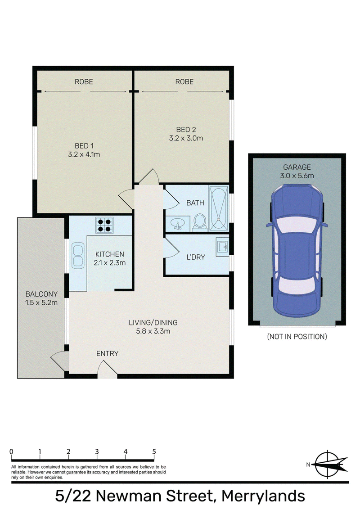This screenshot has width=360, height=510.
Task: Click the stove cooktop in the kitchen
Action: click(x=104, y=225)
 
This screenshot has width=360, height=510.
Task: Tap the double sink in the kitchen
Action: click(x=77, y=255)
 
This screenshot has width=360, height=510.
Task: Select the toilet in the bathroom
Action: click(x=199, y=222)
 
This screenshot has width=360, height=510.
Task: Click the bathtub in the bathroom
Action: click(x=218, y=208)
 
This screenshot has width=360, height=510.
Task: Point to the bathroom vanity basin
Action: click(x=178, y=224)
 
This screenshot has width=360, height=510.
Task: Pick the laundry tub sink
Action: click(x=222, y=247)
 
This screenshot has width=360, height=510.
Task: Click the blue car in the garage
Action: click(x=297, y=251)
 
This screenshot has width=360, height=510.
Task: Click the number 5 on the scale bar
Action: click(x=154, y=451)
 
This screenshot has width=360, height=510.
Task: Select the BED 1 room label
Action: click(x=84, y=146)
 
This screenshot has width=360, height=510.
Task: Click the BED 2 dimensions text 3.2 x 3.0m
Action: click(x=186, y=138)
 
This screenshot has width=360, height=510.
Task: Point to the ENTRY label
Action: click(x=107, y=353)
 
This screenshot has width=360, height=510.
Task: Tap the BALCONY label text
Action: click(x=41, y=294)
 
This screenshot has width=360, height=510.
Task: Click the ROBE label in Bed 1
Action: click(x=84, y=81)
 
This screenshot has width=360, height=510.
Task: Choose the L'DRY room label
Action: click(x=196, y=257)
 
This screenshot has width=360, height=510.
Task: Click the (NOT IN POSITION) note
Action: click(x=297, y=337)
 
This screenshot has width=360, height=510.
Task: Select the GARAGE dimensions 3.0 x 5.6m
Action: click(x=297, y=176)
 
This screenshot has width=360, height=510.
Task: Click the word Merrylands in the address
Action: click(x=263, y=496)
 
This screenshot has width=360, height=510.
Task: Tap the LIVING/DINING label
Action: click(x=153, y=323)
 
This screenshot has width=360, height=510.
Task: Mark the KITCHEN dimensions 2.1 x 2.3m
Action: click(x=110, y=263)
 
